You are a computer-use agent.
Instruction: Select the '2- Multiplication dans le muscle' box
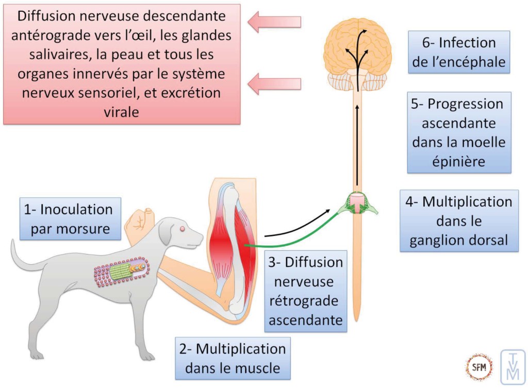pyautogui.click(x=232, y=358)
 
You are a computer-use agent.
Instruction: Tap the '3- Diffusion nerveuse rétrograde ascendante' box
pyautogui.click(x=305, y=291)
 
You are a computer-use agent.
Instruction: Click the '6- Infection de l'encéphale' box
pyautogui.click(x=459, y=52)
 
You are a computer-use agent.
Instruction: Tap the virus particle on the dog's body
pyautogui.click(x=122, y=271)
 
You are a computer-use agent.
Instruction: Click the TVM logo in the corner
pyautogui.click(x=513, y=367)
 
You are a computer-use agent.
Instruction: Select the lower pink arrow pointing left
pyautogui.click(x=273, y=83)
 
